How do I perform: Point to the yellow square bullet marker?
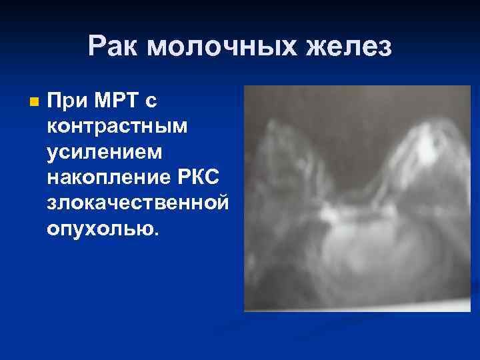[x=35, y=103]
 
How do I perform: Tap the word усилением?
[x=104, y=153]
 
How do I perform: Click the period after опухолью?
[x=157, y=233]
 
